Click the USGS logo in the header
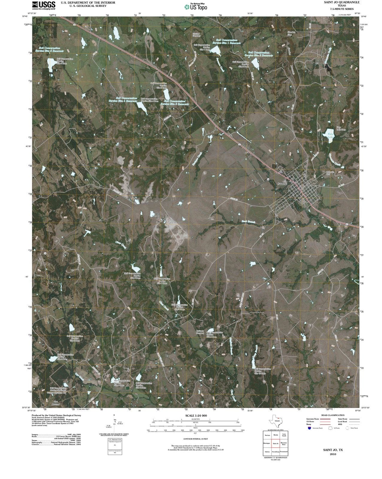[x=43, y=5]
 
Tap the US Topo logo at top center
[x=196, y=7]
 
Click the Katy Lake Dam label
[x=341, y=128]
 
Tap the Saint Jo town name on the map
[x=282, y=184]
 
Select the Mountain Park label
[x=330, y=173]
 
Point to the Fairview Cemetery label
[x=196, y=34]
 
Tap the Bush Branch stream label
[x=248, y=222]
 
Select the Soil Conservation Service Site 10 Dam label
[x=263, y=371]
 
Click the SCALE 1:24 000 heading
[x=196, y=416]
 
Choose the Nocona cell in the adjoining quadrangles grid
[x=267, y=435]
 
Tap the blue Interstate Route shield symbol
[x=309, y=428]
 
